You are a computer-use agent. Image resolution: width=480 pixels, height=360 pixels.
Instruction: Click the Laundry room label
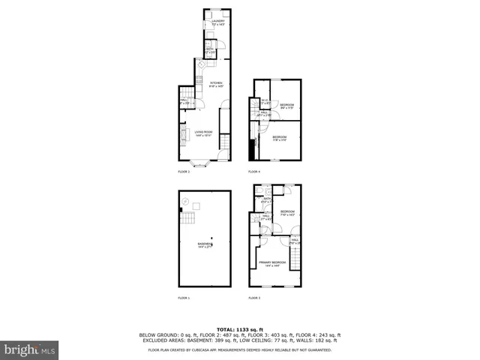217,22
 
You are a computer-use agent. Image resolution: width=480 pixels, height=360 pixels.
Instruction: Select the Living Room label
204,133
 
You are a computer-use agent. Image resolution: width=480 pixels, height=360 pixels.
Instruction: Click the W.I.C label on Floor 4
265,102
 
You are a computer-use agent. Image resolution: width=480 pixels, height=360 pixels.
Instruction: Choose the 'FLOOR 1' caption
184,298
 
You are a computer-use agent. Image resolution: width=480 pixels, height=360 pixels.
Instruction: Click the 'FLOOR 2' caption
184,172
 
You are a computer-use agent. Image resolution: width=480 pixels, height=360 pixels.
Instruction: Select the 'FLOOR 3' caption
254,298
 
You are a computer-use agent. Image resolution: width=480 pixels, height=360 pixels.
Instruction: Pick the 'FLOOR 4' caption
254,172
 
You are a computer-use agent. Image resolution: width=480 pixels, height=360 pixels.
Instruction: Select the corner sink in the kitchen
201,64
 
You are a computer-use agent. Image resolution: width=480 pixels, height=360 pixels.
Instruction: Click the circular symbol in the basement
196,202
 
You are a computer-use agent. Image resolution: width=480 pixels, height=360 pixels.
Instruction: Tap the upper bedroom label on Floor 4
286,106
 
